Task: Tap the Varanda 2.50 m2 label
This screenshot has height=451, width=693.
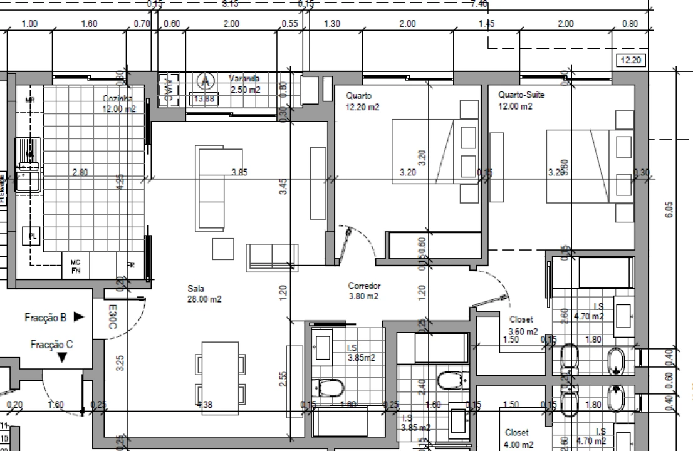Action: (244, 84)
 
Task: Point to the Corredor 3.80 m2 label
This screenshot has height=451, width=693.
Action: (364, 291)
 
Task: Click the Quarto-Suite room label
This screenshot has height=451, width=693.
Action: (521, 100)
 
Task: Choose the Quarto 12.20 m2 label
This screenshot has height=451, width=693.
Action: (363, 101)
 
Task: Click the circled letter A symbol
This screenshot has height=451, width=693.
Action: (204, 81)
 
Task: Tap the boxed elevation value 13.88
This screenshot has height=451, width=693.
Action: (204, 99)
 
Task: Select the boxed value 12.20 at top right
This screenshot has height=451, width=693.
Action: (631, 61)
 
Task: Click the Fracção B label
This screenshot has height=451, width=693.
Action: (46, 318)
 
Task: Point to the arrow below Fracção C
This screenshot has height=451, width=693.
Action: (61, 358)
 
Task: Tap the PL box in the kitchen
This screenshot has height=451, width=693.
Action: (32, 236)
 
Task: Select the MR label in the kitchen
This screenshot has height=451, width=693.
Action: (29, 100)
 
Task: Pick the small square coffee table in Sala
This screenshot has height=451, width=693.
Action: (222, 249)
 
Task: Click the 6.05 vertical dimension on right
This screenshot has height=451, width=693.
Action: (669, 209)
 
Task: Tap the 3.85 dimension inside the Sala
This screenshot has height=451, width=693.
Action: (239, 172)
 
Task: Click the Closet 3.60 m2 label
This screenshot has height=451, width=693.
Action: (523, 325)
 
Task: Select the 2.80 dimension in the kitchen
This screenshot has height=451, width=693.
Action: (80, 172)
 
